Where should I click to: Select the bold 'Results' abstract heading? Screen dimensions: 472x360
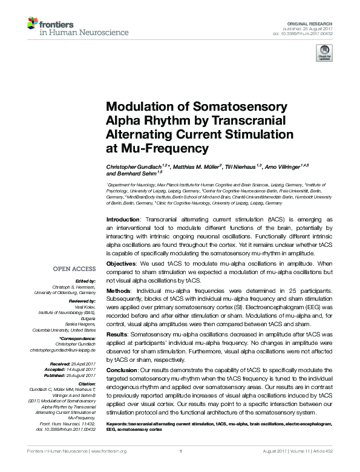pos(118,333)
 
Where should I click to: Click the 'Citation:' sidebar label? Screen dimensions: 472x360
pos(86,383)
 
